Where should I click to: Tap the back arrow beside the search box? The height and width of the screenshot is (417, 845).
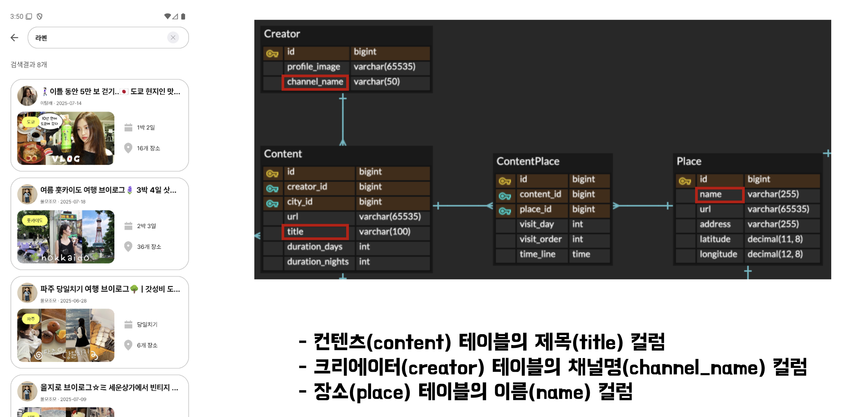point(14,38)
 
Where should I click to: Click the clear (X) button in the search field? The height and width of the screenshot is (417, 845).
point(173,38)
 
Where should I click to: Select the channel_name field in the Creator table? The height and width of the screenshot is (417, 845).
point(315,82)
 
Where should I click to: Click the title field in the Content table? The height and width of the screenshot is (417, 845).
point(314,232)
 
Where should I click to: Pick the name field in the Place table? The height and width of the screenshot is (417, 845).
point(719,194)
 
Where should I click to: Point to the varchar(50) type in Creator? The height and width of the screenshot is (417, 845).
point(377,82)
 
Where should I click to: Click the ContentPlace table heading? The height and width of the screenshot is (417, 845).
point(528,161)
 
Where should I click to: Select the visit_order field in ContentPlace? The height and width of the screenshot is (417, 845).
point(540,239)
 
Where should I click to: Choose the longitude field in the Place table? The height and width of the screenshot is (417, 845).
point(718,254)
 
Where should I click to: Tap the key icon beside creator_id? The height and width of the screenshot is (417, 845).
point(272,188)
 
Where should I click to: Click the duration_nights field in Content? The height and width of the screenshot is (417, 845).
point(317,262)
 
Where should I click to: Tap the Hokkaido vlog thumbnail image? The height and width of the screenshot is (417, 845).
point(66,237)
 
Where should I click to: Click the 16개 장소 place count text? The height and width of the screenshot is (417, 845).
point(148,148)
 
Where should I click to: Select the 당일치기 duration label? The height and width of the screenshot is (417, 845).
point(147,325)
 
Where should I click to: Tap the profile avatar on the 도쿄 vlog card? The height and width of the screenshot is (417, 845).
point(27,96)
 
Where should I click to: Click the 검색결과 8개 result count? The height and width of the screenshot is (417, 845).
point(29,65)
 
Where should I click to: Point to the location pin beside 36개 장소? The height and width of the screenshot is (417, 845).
point(128,246)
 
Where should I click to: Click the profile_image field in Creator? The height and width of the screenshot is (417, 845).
point(313,67)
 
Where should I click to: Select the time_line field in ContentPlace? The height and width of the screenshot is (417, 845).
point(537,254)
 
